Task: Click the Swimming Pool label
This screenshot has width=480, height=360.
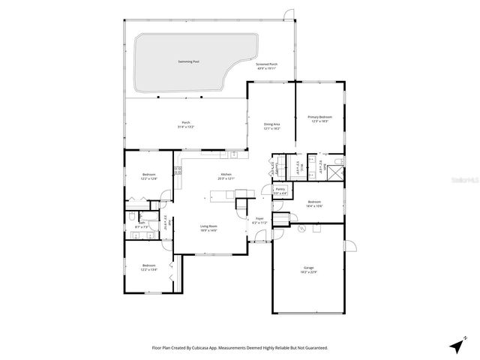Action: tap(188, 61)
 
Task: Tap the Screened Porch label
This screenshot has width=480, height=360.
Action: tap(267, 65)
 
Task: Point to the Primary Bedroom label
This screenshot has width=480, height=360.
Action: tap(319, 118)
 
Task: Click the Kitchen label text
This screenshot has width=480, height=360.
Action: tap(226, 175)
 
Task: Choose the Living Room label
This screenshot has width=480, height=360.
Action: tap(208, 226)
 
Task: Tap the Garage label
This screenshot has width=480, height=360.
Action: tap(308, 268)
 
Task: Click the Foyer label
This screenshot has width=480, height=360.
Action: tap(259, 220)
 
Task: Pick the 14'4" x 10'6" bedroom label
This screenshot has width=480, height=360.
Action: tap(313, 202)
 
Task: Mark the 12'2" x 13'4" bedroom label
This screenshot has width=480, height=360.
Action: tap(148, 265)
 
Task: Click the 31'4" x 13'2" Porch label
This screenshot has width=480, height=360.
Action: tap(185, 123)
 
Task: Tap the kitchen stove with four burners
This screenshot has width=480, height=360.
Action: tap(178, 170)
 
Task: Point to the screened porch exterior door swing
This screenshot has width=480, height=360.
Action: tap(286, 15)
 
